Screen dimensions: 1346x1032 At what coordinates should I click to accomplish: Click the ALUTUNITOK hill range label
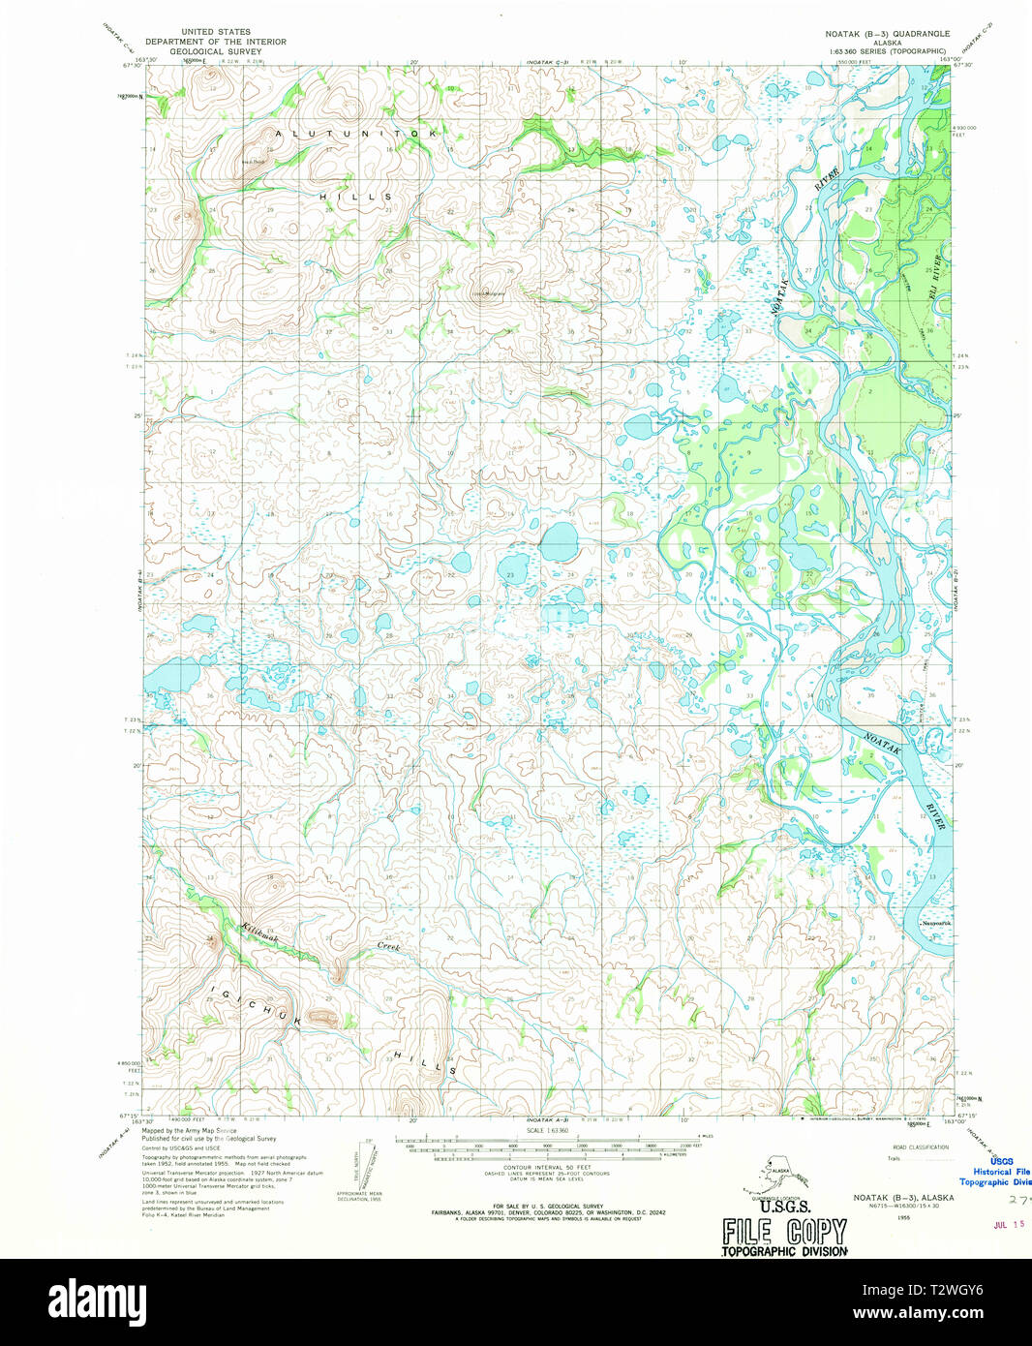click(356, 132)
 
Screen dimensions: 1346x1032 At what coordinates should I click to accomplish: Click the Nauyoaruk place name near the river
click(936, 925)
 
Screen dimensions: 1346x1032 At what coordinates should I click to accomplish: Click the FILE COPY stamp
click(784, 1232)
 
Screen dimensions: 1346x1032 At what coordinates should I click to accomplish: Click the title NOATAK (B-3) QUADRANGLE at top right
click(880, 33)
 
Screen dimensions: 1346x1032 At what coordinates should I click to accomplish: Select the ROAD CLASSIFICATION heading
click(920, 1147)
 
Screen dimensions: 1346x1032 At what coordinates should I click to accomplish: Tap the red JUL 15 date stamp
click(1012, 1224)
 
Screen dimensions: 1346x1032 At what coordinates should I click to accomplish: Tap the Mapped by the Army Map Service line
click(189, 1130)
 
